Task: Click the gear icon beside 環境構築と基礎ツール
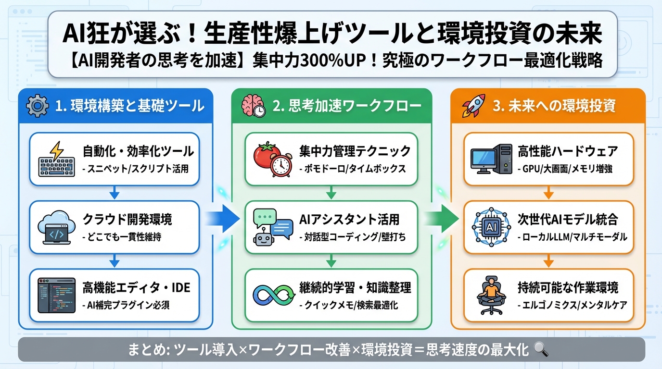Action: pyautogui.click(x=37, y=106)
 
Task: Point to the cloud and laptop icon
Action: pyautogui.click(x=57, y=227)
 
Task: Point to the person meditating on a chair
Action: pyautogui.click(x=490, y=295)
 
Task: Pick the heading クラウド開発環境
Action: pyautogui.click(x=127, y=219)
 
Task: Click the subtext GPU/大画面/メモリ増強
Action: pyautogui.click(x=565, y=169)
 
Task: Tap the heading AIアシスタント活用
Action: pyautogui.click(x=349, y=219)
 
